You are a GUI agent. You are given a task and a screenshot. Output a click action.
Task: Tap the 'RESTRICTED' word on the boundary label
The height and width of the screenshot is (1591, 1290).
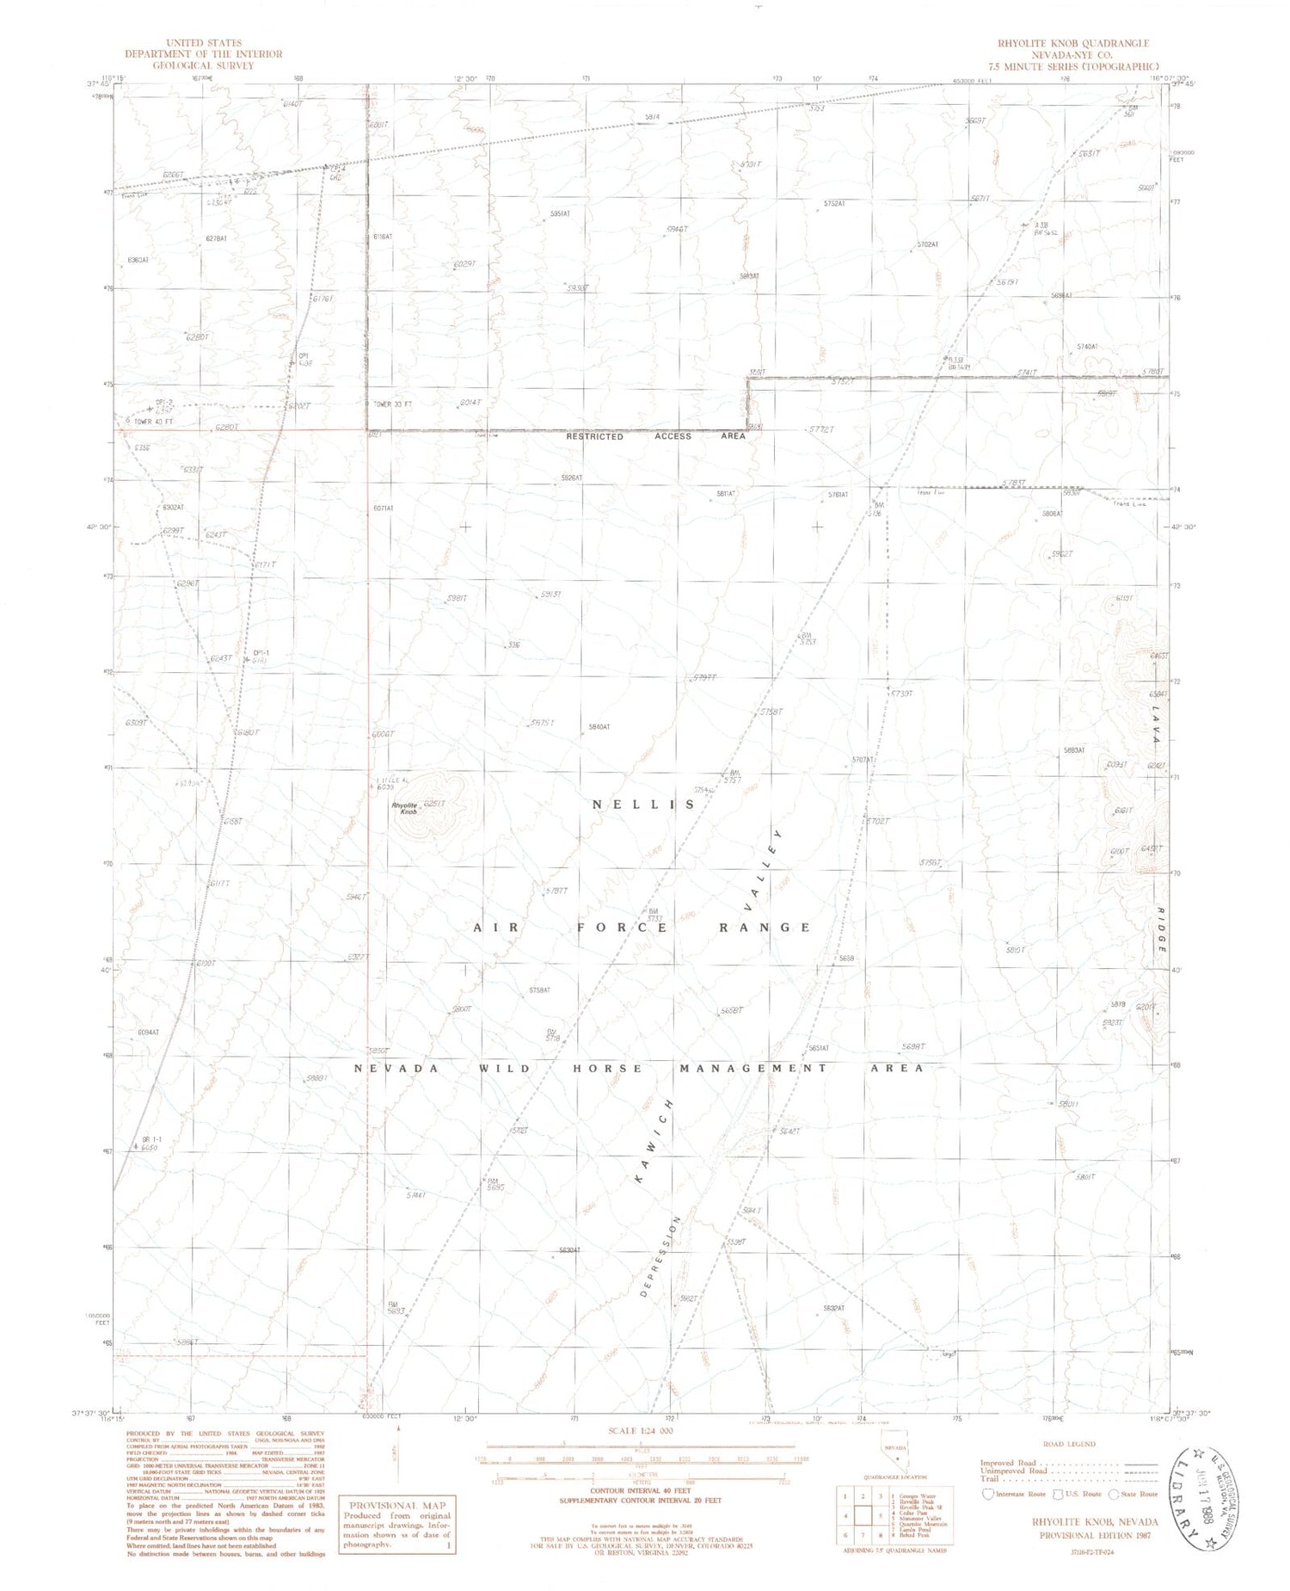[x=594, y=436]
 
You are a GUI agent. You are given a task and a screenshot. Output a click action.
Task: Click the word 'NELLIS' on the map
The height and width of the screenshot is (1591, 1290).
[x=643, y=804]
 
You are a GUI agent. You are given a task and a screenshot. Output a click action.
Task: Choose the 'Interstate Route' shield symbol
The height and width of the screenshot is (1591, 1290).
[x=988, y=1494]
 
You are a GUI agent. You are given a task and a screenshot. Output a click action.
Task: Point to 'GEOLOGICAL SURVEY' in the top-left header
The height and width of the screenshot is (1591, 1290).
[x=203, y=65]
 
